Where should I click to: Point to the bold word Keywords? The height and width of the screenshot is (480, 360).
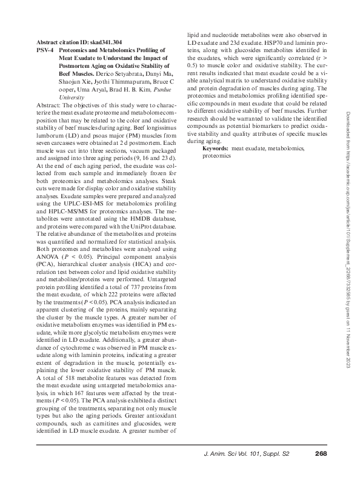(x=215, y=148)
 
